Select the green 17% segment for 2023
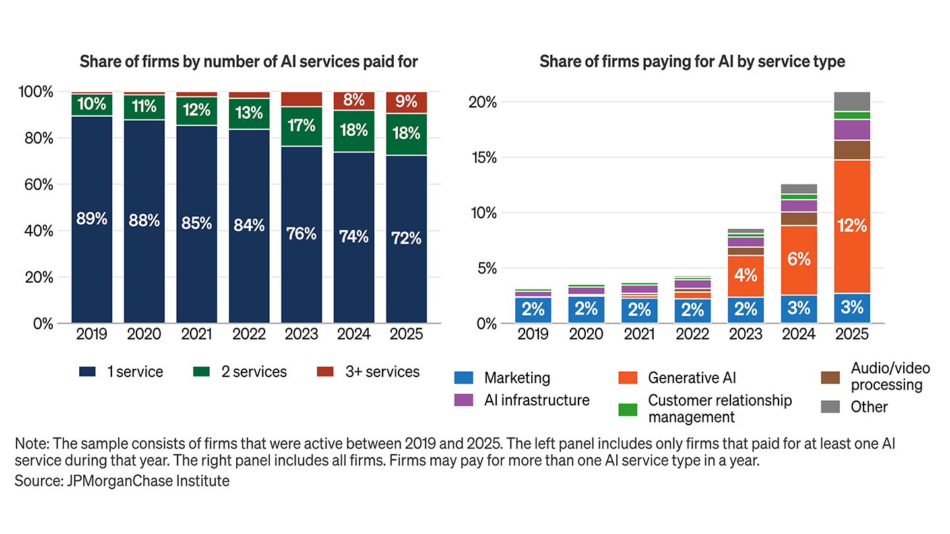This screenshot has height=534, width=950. point(301,125)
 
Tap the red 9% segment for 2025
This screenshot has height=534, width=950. point(406,102)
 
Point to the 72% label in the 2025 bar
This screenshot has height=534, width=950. point(406,238)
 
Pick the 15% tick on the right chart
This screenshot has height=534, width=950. point(484,158)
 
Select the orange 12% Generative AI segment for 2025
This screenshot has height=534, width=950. point(852,226)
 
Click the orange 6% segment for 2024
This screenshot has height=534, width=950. point(798,260)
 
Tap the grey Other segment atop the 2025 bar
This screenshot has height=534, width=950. point(852,102)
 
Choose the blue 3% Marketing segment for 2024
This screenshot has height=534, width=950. point(798,309)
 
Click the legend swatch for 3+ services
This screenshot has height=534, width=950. point(326,372)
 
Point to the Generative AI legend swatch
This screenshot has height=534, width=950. point(627,378)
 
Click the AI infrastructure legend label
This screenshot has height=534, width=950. point(536,400)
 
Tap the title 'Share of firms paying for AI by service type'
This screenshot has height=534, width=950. point(692,62)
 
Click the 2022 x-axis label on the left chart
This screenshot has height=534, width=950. point(249,335)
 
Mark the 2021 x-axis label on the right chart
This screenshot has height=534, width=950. point(639,335)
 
